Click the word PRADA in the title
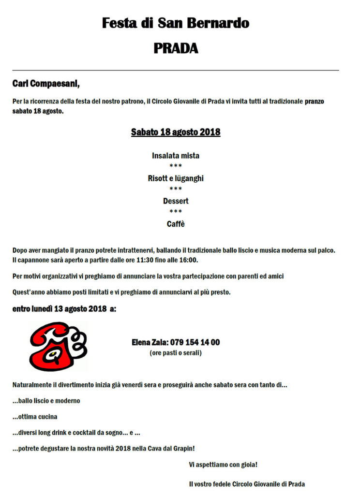(x=176, y=48)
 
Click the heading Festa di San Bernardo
(x=176, y=23)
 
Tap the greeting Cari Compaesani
(x=46, y=84)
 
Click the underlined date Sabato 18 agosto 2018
(x=176, y=132)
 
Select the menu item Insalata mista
(x=176, y=156)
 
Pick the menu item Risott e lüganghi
(x=176, y=178)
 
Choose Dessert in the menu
(x=176, y=201)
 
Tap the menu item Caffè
(x=176, y=224)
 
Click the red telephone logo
(x=58, y=346)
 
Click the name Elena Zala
(x=149, y=342)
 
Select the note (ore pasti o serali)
(x=176, y=353)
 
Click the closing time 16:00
(x=188, y=260)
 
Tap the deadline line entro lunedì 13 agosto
(x=64, y=309)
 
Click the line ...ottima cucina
(x=35, y=417)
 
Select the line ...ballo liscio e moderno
(x=46, y=401)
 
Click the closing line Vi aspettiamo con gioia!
(x=223, y=465)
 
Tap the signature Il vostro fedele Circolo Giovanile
(x=247, y=483)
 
